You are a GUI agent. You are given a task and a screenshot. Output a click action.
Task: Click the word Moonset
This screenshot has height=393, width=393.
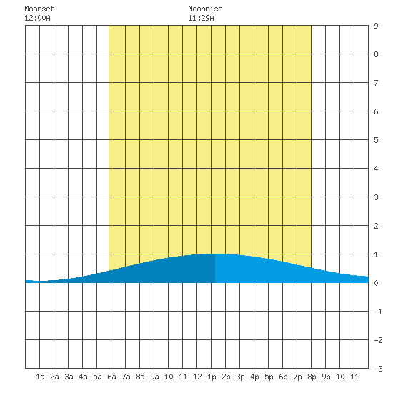pyautogui.click(x=39, y=9)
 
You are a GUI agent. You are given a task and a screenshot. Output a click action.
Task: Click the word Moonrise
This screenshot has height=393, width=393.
pyautogui.click(x=205, y=9)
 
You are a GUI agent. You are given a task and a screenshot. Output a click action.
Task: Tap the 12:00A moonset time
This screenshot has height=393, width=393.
pyautogui.click(x=37, y=18)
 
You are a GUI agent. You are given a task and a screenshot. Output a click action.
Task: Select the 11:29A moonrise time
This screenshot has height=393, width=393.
pyautogui.click(x=201, y=18)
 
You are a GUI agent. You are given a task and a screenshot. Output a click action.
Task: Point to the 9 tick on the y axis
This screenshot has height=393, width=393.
pyautogui.click(x=376, y=26)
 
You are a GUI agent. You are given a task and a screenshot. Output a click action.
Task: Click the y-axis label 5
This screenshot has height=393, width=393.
pyautogui.click(x=376, y=140)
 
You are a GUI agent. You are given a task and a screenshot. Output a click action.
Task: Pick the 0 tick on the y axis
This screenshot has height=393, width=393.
pyautogui.click(x=376, y=283)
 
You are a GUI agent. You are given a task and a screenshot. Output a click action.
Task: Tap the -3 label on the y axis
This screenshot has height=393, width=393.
pyautogui.click(x=378, y=369)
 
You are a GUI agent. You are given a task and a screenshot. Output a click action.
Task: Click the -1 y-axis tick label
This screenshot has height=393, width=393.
pyautogui.click(x=378, y=312)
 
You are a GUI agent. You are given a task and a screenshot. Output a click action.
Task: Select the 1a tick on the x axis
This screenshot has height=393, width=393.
pyautogui.click(x=40, y=377)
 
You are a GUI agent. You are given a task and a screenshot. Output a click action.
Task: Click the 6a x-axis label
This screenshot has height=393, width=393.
pyautogui.click(x=111, y=377)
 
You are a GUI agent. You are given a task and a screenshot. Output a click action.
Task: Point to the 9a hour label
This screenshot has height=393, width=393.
pyautogui.click(x=154, y=377)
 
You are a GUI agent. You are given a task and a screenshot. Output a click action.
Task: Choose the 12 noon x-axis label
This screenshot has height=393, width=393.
pyautogui.click(x=197, y=377)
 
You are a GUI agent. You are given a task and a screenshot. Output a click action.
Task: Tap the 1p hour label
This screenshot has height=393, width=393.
pyautogui.click(x=212, y=377)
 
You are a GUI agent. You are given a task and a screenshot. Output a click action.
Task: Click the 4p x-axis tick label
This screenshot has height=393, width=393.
pyautogui.click(x=254, y=377)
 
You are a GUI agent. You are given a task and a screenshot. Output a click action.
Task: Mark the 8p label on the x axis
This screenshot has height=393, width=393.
pyautogui.click(x=312, y=377)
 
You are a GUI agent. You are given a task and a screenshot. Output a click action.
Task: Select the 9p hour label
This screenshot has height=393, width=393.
pyautogui.click(x=326, y=377)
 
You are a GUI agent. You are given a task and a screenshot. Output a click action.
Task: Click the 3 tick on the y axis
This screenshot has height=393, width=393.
pyautogui.click(x=376, y=197)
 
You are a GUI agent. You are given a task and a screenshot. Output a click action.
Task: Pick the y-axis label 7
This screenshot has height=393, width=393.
pyautogui.click(x=376, y=83)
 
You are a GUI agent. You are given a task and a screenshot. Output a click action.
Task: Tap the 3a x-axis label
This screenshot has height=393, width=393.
pyautogui.click(x=69, y=377)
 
